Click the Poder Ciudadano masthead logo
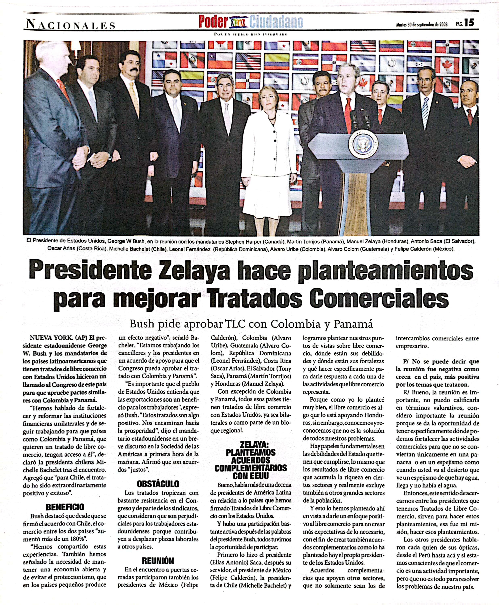[250, 22]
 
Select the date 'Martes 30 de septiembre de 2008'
[422, 24]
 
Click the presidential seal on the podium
[363, 143]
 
